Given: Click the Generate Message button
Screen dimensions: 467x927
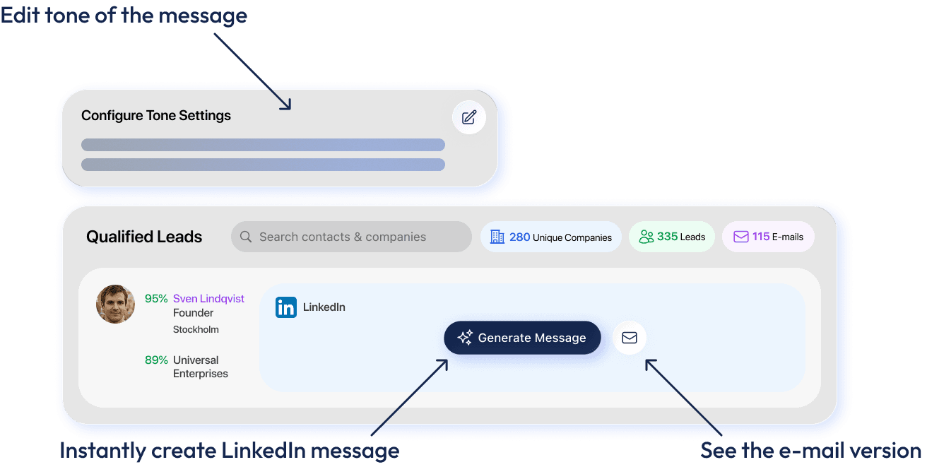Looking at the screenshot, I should pyautogui.click(x=522, y=338).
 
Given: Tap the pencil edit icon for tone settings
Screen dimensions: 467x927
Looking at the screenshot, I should pyautogui.click(x=469, y=117).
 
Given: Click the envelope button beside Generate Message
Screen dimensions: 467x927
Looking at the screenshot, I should pyautogui.click(x=629, y=338).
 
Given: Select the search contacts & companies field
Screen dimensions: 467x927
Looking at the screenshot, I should pyautogui.click(x=351, y=237).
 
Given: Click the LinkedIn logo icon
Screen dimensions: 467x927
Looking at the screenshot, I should pyautogui.click(x=286, y=307).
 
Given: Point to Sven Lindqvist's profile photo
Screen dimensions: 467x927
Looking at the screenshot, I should pyautogui.click(x=115, y=304).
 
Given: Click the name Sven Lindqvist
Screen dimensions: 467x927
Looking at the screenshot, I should pyautogui.click(x=208, y=298).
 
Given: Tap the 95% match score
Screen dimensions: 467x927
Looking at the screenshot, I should pyautogui.click(x=156, y=298).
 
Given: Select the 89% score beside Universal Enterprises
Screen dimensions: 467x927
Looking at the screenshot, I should pyautogui.click(x=156, y=360).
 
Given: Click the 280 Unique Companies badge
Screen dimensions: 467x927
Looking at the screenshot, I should pyautogui.click(x=551, y=237).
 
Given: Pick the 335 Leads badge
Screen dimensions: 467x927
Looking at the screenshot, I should pyautogui.click(x=672, y=237).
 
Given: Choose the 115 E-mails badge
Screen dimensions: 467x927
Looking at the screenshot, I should pyautogui.click(x=768, y=237).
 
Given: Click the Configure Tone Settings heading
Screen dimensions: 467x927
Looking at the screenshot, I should pyautogui.click(x=156, y=115).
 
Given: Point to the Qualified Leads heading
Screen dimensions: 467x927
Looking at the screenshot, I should pyautogui.click(x=144, y=237).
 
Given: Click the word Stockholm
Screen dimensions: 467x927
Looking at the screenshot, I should pyautogui.click(x=196, y=329).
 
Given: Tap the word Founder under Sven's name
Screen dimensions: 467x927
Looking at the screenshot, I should pyautogui.click(x=193, y=313).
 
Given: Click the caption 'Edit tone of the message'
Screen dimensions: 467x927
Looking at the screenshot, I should pyautogui.click(x=124, y=16).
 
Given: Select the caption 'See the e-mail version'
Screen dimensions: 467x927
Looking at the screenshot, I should pyautogui.click(x=810, y=450).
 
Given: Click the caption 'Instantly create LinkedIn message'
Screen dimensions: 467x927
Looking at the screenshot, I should pyautogui.click(x=229, y=450).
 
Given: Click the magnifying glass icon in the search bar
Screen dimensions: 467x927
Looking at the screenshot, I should pyautogui.click(x=246, y=237).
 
